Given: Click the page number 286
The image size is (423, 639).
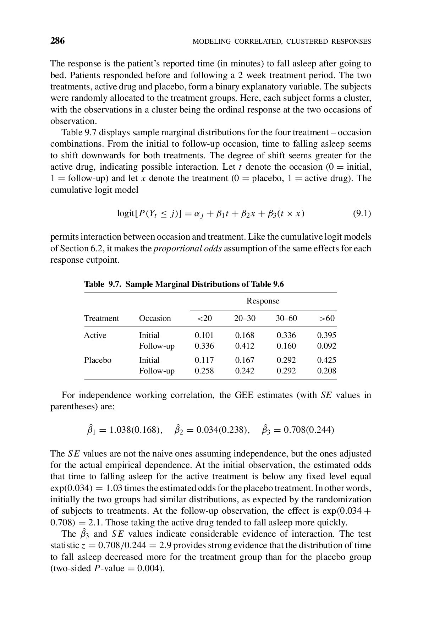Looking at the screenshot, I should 57,41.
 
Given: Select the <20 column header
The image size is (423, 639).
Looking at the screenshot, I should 204,318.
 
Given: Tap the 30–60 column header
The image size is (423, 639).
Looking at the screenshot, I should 286,318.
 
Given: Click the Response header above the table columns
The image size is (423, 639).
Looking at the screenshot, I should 263,301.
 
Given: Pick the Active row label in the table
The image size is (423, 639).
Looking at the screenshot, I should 95,335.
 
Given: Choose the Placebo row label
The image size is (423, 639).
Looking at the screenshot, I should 98,360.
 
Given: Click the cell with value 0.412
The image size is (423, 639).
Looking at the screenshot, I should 245,346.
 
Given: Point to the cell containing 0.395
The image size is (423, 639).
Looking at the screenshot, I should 326,335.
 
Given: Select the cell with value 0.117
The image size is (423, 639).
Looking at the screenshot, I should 204,360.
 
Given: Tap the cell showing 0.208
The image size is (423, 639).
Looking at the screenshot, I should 326,371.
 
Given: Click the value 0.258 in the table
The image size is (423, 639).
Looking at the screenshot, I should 204,371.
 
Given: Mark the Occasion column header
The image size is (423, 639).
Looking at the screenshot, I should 155,318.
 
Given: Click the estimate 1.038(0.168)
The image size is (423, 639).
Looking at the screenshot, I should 133,430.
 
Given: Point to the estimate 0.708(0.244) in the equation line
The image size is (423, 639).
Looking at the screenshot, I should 309,430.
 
